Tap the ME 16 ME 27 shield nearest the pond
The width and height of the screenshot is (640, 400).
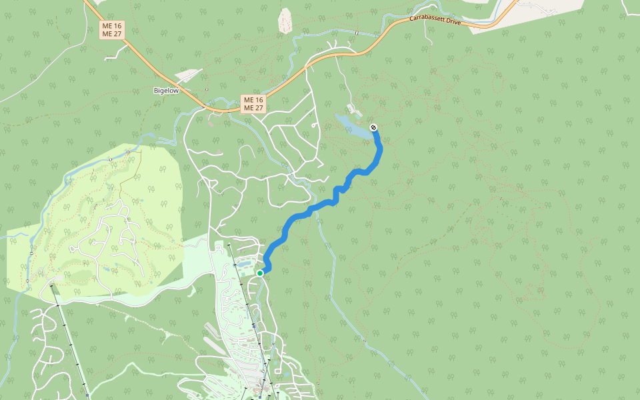tap(253, 103)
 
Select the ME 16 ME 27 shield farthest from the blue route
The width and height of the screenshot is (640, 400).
tap(113, 29)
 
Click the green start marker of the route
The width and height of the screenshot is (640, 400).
tap(260, 273)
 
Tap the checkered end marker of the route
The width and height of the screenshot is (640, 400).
tap(373, 127)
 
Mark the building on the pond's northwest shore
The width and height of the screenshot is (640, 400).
tap(351, 108)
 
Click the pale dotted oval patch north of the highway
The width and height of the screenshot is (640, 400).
tap(285, 21)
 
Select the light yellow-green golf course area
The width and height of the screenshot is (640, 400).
tap(100, 220)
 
